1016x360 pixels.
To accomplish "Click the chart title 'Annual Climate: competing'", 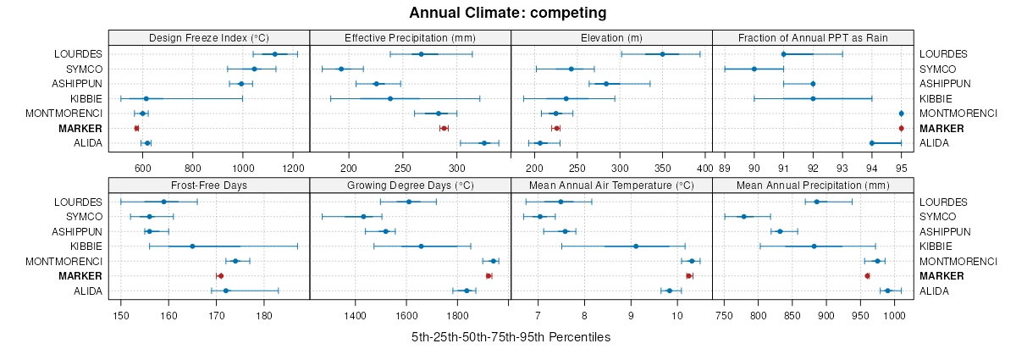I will click(x=508, y=13).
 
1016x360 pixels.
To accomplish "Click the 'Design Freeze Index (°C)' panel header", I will click(x=209, y=37).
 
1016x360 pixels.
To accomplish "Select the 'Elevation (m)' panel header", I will click(x=611, y=37).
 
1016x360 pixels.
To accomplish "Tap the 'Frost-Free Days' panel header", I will click(x=209, y=186).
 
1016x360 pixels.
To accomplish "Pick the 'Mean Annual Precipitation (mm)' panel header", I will click(x=813, y=186).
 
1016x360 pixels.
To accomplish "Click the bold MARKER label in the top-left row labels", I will click(x=80, y=129).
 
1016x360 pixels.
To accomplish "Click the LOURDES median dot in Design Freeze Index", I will click(x=275, y=54).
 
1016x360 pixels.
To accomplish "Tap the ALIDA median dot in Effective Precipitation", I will click(x=484, y=143).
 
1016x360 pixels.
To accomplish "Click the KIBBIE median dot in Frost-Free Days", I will click(x=192, y=246).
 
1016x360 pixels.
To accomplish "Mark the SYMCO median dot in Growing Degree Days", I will click(x=363, y=217).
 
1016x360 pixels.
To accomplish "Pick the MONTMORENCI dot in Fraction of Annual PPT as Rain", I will click(x=901, y=114).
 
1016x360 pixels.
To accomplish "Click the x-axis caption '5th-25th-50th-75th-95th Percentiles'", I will click(x=511, y=337).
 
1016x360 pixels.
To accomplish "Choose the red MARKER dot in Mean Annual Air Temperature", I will click(x=689, y=276).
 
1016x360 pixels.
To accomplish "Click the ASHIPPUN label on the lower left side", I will click(x=78, y=232).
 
